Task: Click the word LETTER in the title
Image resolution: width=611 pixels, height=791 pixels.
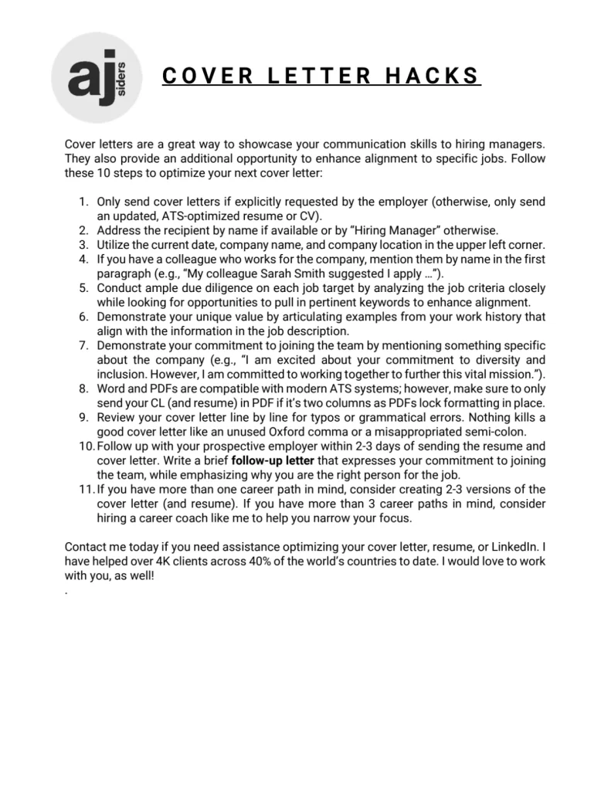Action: coord(311,76)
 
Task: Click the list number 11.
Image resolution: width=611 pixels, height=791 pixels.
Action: coord(87,489)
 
